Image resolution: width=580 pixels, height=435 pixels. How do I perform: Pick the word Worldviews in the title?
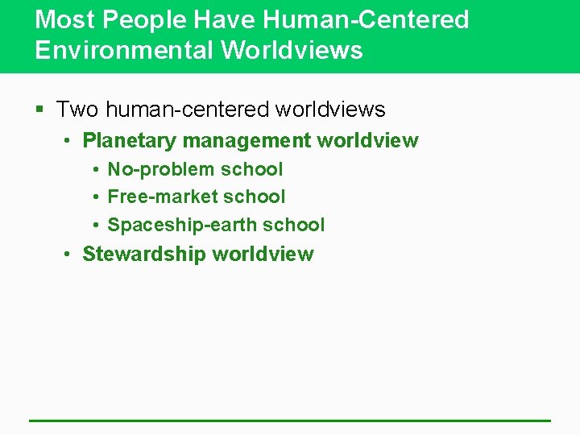[x=292, y=50]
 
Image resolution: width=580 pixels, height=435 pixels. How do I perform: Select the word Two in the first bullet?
[x=78, y=109]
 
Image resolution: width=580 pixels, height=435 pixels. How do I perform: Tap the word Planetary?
[x=130, y=141]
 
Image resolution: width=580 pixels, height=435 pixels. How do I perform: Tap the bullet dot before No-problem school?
[x=95, y=170]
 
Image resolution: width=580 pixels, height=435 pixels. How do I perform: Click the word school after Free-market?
[x=255, y=197]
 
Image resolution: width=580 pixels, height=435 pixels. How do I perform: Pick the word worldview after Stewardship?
[x=263, y=255]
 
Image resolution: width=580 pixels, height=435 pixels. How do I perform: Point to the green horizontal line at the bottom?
[x=290, y=420]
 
